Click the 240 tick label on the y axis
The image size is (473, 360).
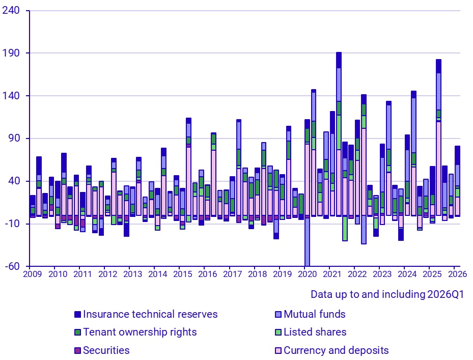point(11,11)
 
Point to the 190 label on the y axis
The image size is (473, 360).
point(11,53)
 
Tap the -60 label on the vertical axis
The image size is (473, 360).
point(12,266)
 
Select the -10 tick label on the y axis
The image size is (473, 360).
point(12,224)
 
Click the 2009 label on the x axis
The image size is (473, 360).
point(33,274)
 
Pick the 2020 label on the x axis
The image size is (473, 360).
point(308,274)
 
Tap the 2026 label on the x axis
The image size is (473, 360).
point(457,274)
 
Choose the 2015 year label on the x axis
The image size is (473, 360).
point(182,274)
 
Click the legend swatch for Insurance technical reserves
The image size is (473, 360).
point(77,315)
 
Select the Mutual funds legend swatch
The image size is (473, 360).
point(278,315)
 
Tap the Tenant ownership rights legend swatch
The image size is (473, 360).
point(77,333)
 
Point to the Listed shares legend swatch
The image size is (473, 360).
point(278,333)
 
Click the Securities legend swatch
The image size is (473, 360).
point(77,351)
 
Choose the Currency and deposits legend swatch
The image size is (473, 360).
point(278,351)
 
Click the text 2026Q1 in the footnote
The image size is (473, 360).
point(446,294)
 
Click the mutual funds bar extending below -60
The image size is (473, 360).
point(307,242)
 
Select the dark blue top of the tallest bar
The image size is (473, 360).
point(339,60)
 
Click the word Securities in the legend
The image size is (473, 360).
point(106,350)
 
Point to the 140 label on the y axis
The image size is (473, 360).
point(11,96)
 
